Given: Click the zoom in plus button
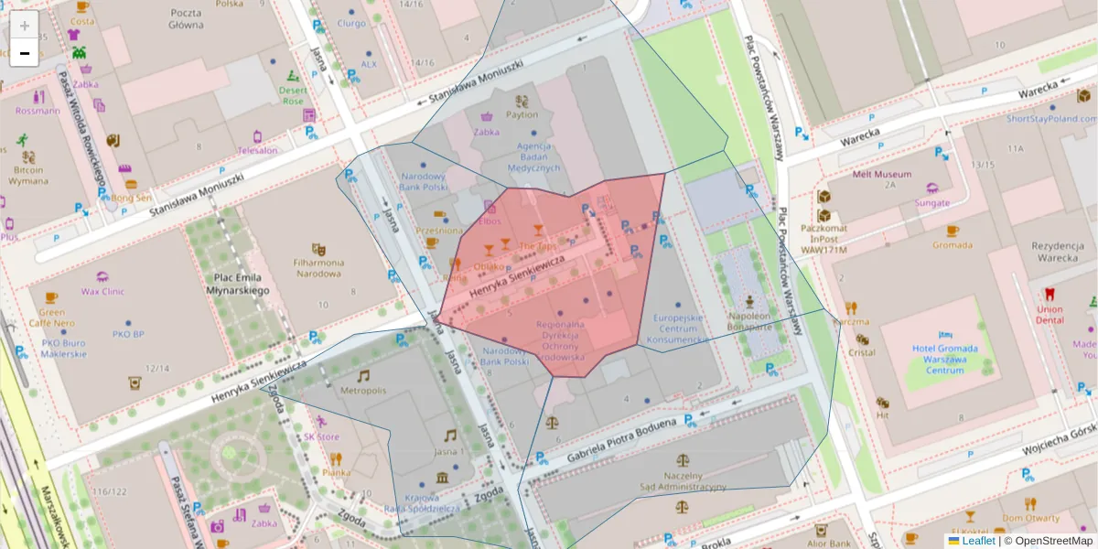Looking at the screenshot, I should point(25,26).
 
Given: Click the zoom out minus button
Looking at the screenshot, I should point(25,53).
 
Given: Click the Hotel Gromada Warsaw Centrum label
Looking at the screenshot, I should point(945,359).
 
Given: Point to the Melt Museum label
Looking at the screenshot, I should point(881,174).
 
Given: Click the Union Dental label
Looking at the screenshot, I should point(1050,315).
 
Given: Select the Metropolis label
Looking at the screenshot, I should point(362,391).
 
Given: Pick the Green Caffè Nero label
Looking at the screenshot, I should point(50,317).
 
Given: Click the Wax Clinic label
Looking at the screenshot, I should point(102,292).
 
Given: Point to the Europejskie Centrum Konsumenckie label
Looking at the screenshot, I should point(677,329).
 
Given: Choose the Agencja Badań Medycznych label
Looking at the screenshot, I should point(533,157).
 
